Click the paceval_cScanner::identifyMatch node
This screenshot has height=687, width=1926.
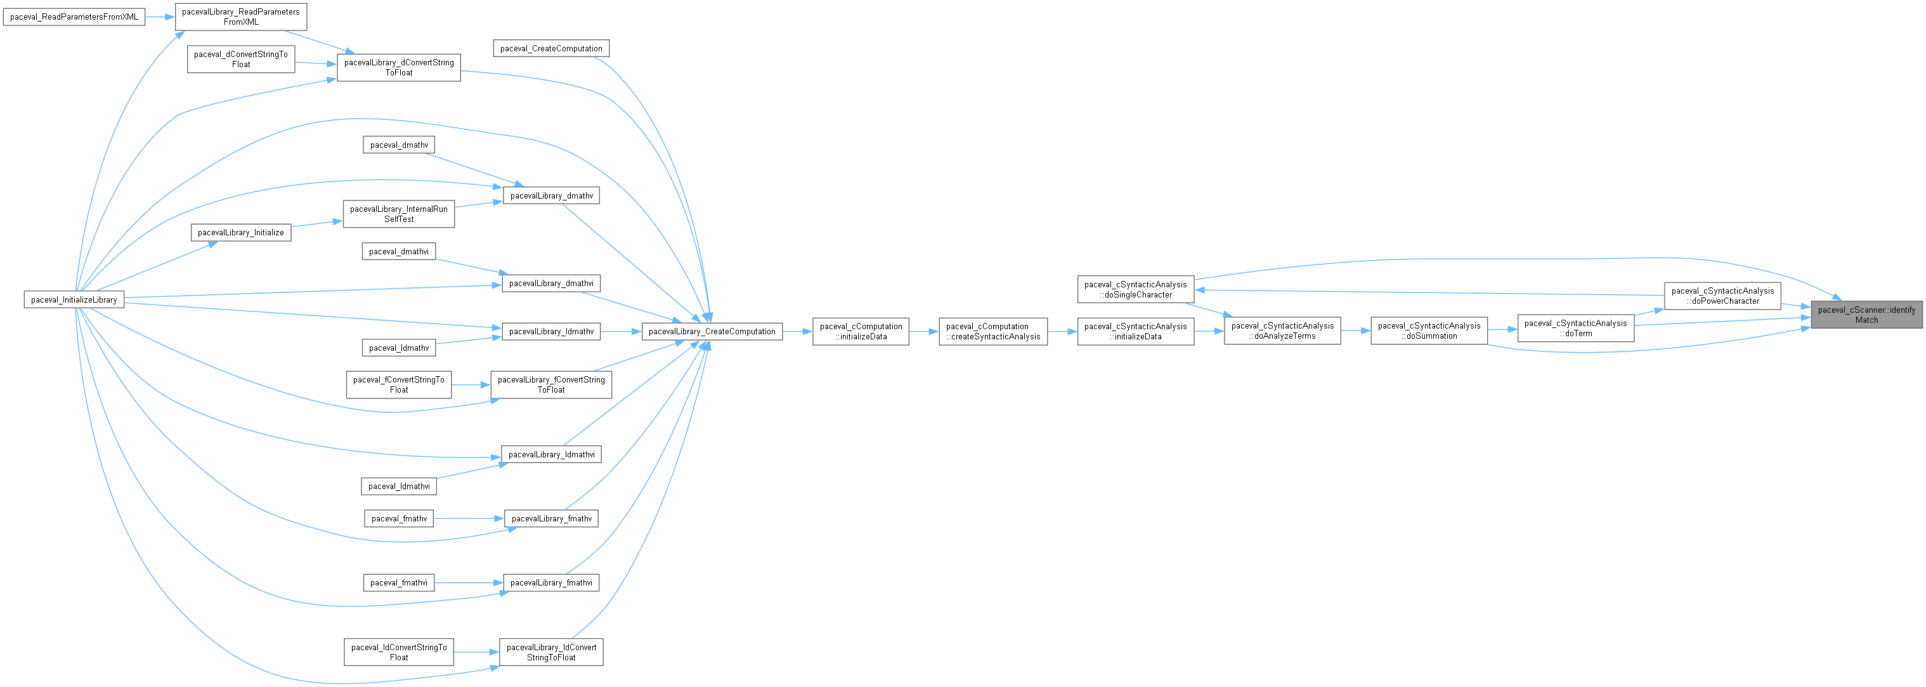(x=1866, y=315)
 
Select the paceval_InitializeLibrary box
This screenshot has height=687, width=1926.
(x=74, y=300)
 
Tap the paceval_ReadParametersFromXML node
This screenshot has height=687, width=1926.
(x=74, y=16)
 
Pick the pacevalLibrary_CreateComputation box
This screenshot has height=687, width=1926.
(x=712, y=331)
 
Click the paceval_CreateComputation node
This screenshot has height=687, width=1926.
(x=551, y=49)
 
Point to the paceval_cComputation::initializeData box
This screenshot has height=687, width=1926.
(x=861, y=331)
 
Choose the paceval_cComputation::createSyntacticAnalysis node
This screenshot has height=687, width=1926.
(x=993, y=331)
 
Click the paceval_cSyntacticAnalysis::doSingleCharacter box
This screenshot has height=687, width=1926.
(x=1135, y=289)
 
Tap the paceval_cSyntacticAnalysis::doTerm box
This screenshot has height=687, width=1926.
(x=1575, y=328)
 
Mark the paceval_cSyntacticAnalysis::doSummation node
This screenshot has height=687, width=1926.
(x=1429, y=330)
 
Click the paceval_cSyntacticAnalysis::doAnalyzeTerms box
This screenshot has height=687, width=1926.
(x=1282, y=330)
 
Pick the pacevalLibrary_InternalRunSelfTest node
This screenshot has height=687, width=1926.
(x=398, y=214)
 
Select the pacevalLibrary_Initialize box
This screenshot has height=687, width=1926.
(x=241, y=232)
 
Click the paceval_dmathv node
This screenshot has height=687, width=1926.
(x=398, y=145)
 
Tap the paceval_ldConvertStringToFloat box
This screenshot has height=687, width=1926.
(x=398, y=652)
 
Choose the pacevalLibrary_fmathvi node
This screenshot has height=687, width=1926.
(x=551, y=582)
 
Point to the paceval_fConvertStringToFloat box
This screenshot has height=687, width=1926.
(x=398, y=384)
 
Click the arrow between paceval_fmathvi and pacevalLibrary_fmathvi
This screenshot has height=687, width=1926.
(x=469, y=582)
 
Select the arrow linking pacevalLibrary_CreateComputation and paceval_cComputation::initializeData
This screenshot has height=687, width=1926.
(x=798, y=331)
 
